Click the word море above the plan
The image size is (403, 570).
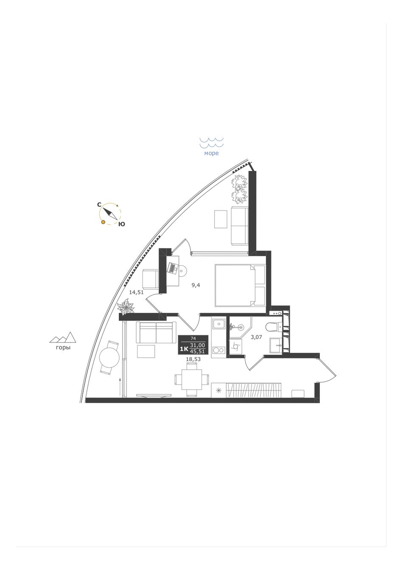(x=211, y=153)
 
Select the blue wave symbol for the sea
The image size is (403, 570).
(x=212, y=143)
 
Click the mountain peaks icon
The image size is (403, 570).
(x=63, y=337)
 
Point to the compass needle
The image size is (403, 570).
(x=110, y=213)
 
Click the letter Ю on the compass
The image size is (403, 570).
(x=121, y=224)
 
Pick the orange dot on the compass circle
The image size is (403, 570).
(x=103, y=222)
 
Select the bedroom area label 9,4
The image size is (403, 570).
(x=196, y=285)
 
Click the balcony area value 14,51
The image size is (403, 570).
(x=136, y=292)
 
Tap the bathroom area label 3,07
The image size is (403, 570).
(x=256, y=337)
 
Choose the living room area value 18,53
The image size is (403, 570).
(x=193, y=359)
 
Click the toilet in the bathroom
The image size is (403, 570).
(x=273, y=327)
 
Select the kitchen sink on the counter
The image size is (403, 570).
(x=218, y=324)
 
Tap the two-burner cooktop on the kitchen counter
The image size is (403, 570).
(x=218, y=350)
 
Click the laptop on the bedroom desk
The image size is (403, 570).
(x=172, y=268)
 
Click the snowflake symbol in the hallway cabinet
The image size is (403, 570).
(x=218, y=390)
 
